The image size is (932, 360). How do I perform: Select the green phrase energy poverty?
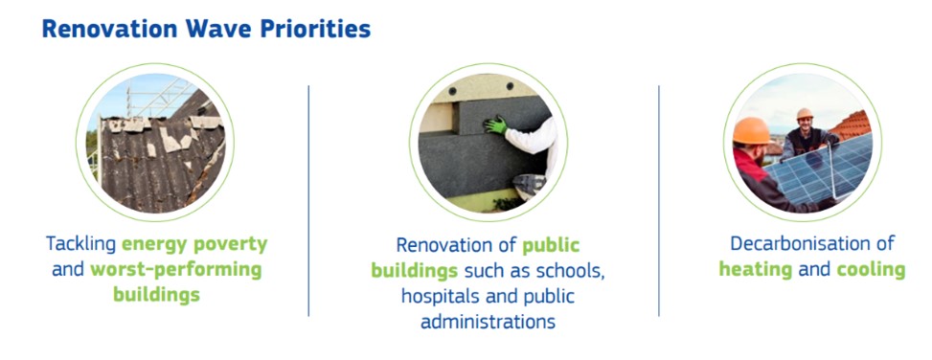(194, 244)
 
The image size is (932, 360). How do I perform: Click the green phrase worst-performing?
(175, 270)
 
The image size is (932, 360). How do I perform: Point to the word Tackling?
(81, 244)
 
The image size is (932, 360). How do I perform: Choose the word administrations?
(488, 322)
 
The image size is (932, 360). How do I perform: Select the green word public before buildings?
(551, 245)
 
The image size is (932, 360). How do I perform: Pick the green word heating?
(756, 270)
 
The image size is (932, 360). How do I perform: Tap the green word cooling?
(871, 270)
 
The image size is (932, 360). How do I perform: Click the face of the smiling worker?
(805, 124)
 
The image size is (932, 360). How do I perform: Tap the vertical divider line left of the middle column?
(308, 201)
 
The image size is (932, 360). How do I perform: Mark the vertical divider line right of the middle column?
(659, 201)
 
